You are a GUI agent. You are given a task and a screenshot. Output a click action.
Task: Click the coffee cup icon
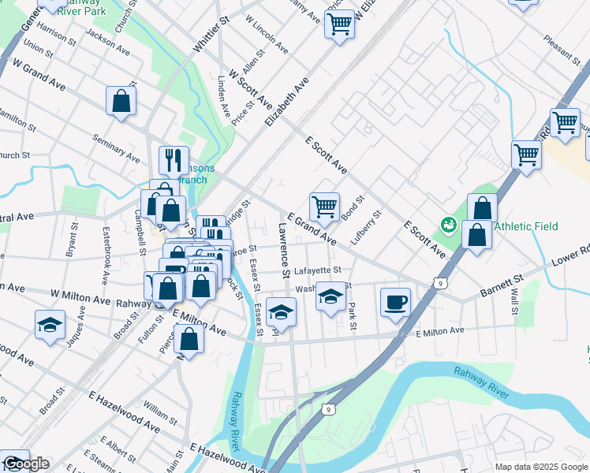395,301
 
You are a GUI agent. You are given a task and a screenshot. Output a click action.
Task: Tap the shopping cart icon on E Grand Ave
324,207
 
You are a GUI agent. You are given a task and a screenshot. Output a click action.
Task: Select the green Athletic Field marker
448,225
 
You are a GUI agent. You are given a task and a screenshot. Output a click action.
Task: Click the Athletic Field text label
526,226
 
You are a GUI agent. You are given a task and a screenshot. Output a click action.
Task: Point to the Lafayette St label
316,270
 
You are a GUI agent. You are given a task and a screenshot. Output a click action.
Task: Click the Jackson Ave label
107,42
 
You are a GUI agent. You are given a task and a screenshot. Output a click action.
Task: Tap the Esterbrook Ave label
105,256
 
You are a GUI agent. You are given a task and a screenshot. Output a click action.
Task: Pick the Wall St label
514,302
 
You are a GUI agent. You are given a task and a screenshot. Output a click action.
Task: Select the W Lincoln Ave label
267,28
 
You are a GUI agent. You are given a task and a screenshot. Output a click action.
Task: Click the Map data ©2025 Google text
541,467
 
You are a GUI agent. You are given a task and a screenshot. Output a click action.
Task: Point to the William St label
160,412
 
